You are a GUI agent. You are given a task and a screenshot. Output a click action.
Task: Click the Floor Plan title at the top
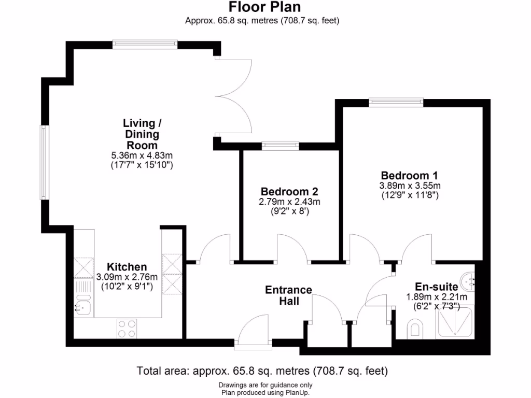265,7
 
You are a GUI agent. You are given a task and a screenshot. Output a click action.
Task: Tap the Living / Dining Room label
142,134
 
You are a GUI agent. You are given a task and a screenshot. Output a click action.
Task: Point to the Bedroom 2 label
289,191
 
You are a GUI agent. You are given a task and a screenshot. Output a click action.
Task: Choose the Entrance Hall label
288,295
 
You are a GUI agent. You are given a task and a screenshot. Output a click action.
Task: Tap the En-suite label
436,286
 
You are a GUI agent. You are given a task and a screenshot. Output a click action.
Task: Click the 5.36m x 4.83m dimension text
142,155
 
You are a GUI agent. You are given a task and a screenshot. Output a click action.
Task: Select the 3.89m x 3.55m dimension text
410,186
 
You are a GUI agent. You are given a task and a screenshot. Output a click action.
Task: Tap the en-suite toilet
415,328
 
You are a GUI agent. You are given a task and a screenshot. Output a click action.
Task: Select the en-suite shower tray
455,323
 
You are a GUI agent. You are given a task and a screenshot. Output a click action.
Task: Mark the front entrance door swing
253,330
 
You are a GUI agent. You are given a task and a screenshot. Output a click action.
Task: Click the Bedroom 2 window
280,146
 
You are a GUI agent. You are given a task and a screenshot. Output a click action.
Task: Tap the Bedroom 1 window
396,102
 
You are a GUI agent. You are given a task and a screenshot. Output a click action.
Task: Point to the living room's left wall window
44,163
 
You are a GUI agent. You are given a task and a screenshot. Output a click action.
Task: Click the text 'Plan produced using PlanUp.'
265,392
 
